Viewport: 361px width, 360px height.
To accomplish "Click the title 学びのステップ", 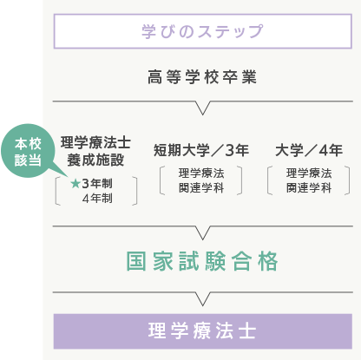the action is coord(202,31).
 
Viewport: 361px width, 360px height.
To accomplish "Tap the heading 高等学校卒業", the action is coord(202,77).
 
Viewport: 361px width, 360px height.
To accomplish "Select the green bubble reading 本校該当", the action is coord(28,151).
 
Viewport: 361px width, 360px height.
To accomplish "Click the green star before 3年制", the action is coord(75,183).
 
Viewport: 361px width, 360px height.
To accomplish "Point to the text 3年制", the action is coord(97,183).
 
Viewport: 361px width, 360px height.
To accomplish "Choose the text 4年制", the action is coord(97,199).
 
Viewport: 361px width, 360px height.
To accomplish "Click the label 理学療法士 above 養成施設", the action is coord(95,142).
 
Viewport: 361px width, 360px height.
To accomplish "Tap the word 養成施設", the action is coord(95,160).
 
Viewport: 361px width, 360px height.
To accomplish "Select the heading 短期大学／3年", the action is coord(201,150).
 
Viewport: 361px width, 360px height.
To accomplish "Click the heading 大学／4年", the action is coord(309,150).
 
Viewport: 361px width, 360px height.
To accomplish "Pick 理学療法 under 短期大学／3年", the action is coord(201,173).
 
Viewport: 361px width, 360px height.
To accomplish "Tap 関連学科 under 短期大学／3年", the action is coord(201,188).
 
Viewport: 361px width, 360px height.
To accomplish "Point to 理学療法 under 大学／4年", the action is coord(309,173).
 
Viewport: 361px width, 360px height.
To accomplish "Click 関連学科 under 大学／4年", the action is coord(309,188).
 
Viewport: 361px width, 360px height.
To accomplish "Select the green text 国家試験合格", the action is coord(202,261).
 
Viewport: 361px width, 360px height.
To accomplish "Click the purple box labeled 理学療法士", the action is coord(203,331).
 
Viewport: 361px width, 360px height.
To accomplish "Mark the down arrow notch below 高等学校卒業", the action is coord(203,108).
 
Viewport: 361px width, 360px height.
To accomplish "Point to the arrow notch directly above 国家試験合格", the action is coord(203,233).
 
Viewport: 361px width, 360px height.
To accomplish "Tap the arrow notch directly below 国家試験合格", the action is coord(203,299).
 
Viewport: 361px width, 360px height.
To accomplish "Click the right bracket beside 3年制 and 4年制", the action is coord(136,191).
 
